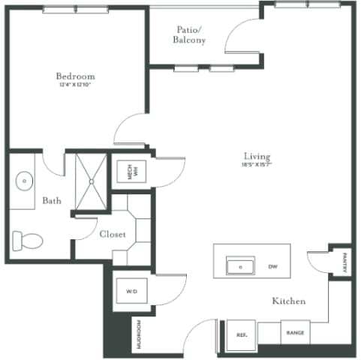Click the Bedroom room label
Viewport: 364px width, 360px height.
75,76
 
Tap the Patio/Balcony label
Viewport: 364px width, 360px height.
188,34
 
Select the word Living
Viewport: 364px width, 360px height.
255,155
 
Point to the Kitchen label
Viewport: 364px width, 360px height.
289,301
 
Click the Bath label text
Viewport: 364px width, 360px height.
51,201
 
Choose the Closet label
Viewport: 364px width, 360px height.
112,234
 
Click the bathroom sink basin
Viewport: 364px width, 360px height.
25,181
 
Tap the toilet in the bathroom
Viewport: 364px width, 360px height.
27,241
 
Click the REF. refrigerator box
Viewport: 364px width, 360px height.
242,334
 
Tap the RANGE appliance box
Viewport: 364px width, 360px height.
294,332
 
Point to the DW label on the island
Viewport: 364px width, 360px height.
273,266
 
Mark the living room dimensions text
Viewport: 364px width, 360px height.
256,164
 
